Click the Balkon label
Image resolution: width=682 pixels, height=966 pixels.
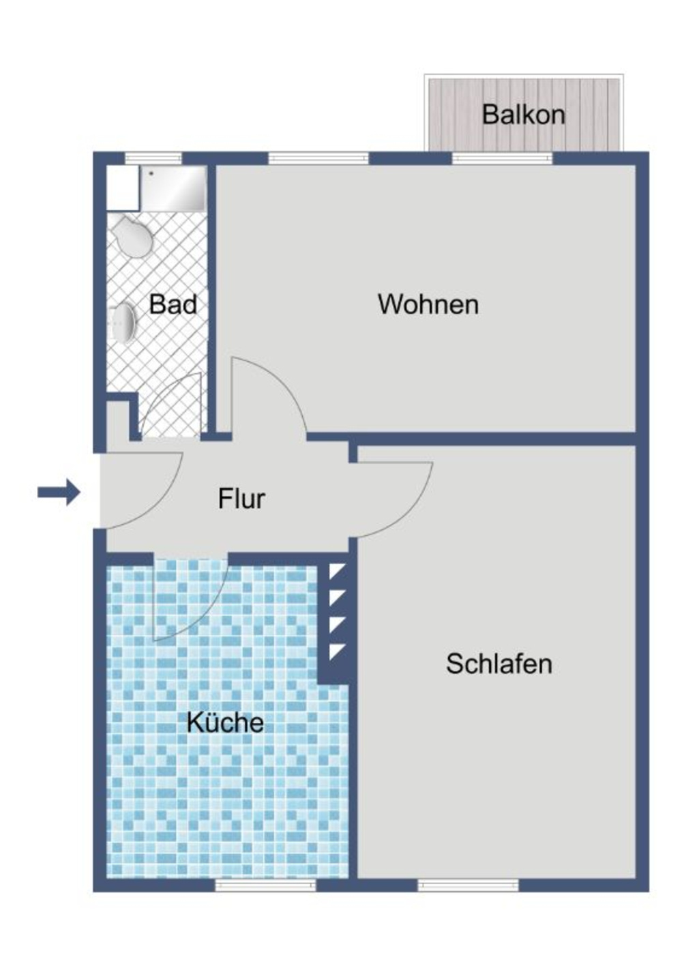(523, 114)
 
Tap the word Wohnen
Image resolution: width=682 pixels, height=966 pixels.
(428, 304)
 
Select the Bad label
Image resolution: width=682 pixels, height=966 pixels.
(173, 304)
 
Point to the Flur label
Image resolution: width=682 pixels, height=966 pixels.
(241, 499)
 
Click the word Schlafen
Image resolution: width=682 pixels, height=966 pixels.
(499, 664)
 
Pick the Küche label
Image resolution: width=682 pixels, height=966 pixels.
(225, 722)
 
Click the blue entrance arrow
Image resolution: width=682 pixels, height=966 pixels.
(59, 491)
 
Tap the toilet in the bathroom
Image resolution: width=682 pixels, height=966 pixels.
(132, 236)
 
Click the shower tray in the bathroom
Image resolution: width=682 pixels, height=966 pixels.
(173, 188)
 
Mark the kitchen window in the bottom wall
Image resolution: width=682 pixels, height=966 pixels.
(266, 885)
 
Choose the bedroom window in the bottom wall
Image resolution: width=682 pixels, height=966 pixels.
(468, 885)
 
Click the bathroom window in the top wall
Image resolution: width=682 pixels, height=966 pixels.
(153, 158)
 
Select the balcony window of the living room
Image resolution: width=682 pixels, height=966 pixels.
(503, 158)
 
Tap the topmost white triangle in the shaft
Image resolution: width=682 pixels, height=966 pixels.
(336, 571)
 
